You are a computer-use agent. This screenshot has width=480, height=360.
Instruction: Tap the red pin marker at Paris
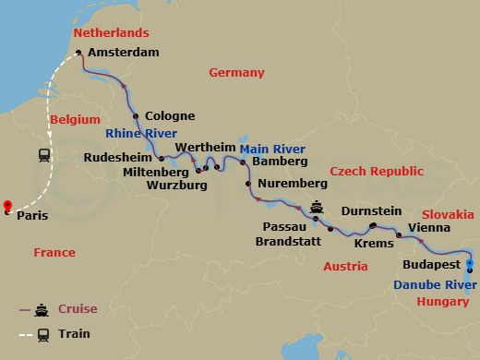point(7,207)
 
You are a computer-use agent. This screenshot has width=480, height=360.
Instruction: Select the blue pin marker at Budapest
point(470,264)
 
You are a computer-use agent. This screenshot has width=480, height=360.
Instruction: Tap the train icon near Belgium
point(43,155)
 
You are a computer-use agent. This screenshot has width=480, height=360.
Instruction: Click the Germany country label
point(236,73)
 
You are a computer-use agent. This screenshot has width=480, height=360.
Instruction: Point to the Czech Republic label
point(377,172)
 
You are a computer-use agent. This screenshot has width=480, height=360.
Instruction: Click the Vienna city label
point(429,227)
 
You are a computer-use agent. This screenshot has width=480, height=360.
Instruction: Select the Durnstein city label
point(371,210)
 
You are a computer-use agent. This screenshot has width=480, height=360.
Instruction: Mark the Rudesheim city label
point(118,158)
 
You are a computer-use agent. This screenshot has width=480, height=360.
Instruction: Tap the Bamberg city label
point(280,162)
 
